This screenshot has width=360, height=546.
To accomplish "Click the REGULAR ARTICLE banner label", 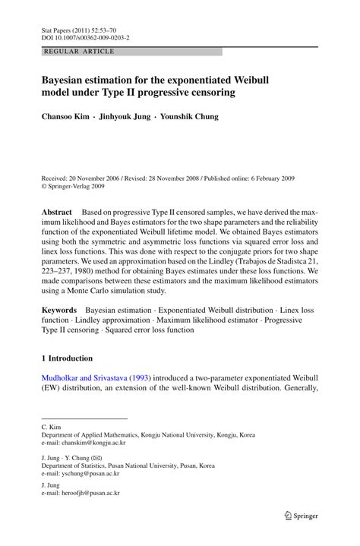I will (79, 52).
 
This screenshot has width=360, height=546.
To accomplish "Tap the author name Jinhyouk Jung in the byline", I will (125, 117).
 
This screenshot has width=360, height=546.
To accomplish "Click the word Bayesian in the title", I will (68, 80).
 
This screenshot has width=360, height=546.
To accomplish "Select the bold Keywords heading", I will (58, 311).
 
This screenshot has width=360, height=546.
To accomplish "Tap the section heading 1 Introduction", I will (67, 358).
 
